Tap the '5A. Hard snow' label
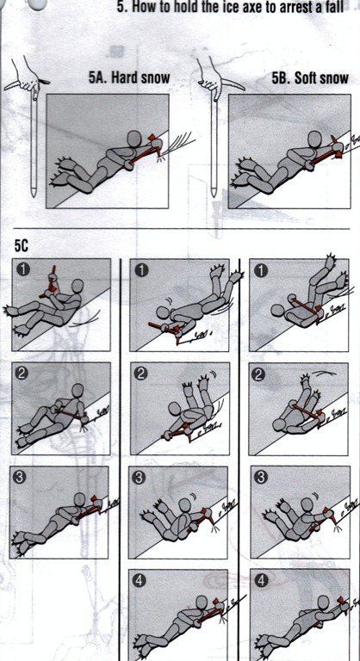[129, 77]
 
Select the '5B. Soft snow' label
[310, 78]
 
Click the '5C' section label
[22, 246]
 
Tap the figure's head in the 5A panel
[134, 138]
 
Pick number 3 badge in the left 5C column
[22, 476]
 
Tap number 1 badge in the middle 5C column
[142, 270]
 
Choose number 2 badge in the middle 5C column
[142, 374]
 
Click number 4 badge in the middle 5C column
[140, 581]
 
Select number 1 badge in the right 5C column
[262, 270]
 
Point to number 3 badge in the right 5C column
[262, 478]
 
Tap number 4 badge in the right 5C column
[262, 581]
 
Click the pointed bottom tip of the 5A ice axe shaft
[34, 196]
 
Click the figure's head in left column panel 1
[78, 286]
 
